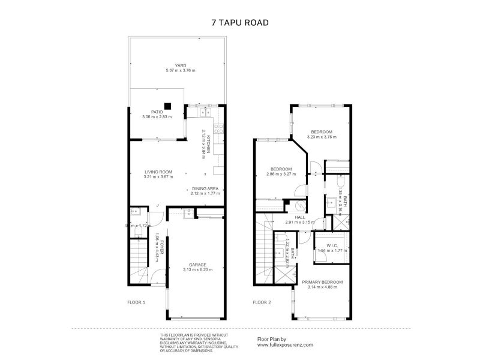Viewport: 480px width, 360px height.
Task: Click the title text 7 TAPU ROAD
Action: tap(239, 22)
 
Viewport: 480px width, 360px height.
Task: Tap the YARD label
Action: tap(181, 66)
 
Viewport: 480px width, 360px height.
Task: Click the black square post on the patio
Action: tap(169, 107)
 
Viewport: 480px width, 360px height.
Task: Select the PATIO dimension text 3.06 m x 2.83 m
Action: tap(157, 116)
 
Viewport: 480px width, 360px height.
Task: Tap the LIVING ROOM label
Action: tap(142, 172)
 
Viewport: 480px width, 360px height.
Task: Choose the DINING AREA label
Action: tap(205, 188)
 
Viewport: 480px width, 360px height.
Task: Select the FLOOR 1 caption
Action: tap(136, 302)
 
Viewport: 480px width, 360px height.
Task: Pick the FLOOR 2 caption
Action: tap(261, 302)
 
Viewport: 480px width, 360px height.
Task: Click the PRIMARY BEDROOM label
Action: tap(322, 282)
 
